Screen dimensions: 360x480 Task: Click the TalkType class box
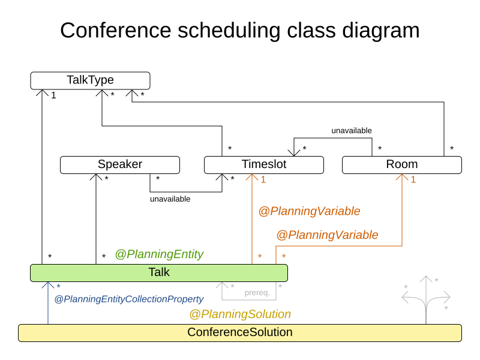click(x=90, y=80)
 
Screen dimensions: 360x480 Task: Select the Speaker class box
click(x=120, y=165)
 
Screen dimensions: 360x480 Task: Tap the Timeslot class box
click(x=264, y=165)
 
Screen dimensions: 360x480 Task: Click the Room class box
click(x=402, y=165)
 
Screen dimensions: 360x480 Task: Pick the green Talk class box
click(x=159, y=273)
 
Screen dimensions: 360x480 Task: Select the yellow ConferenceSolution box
click(x=240, y=333)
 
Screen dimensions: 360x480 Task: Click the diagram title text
click(x=240, y=30)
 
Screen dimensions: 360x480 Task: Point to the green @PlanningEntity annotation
click(x=159, y=254)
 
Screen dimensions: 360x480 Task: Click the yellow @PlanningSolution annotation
click(x=240, y=314)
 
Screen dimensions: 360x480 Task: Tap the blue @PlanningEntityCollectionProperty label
click(x=129, y=299)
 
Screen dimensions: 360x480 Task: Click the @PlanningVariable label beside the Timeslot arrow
click(x=309, y=211)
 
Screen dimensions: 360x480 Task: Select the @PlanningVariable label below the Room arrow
click(x=327, y=235)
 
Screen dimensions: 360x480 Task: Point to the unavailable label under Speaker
click(x=170, y=199)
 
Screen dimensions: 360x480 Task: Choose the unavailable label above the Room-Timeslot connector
click(x=352, y=130)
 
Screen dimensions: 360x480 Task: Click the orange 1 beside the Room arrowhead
click(x=413, y=179)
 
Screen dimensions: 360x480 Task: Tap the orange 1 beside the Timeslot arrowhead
click(x=263, y=179)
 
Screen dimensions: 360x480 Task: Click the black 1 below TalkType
click(x=53, y=95)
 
